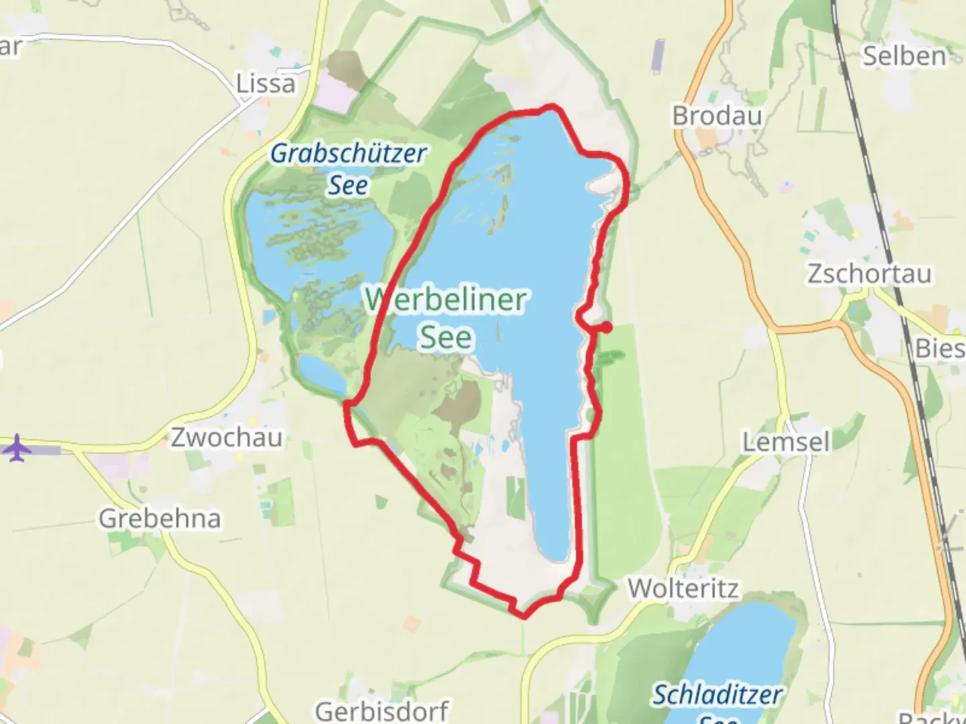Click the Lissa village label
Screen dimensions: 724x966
[x=266, y=84]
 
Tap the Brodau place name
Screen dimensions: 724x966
[x=717, y=116]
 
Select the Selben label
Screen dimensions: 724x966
[x=904, y=56]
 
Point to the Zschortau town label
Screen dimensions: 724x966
[x=869, y=274]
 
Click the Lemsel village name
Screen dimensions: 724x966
[x=786, y=442]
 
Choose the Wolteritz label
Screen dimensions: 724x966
[x=684, y=589]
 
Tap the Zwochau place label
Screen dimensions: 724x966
[x=227, y=438]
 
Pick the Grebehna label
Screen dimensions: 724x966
[x=160, y=518]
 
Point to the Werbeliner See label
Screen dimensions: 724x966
[x=446, y=318]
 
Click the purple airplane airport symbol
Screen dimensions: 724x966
[x=17, y=448]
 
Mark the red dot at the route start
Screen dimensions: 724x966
[x=606, y=327]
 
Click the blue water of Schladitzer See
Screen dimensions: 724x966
[x=745, y=644]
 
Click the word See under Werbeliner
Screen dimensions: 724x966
[x=446, y=337]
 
